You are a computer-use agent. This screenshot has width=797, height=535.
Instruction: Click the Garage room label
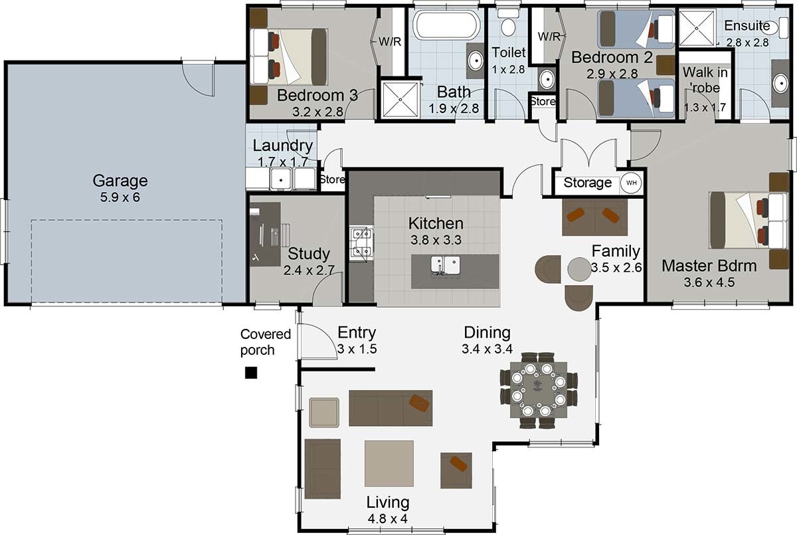click(120, 180)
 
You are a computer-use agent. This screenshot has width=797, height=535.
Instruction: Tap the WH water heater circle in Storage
click(631, 183)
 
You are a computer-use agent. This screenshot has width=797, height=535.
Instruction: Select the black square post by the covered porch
click(251, 373)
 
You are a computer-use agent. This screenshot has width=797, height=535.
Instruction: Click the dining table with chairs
click(539, 389)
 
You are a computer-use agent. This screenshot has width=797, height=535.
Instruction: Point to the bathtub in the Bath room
click(446, 25)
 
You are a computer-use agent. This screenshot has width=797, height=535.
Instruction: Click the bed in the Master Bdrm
click(747, 220)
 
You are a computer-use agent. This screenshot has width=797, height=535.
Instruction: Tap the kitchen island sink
click(446, 265)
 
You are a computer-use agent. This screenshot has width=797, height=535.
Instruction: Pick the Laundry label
click(283, 146)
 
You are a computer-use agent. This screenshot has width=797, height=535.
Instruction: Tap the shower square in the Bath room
click(400, 100)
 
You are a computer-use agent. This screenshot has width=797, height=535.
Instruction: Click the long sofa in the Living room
click(391, 407)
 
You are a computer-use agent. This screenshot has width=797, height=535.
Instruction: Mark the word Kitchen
click(436, 223)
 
